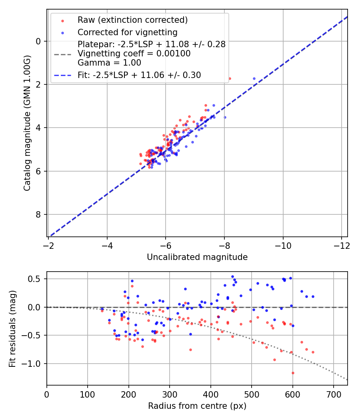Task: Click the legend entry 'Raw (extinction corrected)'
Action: click(132, 20)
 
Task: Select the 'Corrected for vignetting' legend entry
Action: click(127, 32)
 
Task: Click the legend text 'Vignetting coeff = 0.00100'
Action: click(134, 54)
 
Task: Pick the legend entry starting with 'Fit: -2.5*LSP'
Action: click(139, 75)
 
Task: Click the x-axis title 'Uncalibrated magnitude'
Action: click(197, 257)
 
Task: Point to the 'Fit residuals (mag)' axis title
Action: click(12, 328)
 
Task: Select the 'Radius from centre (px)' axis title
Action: click(197, 406)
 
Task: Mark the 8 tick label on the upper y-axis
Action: click(39, 215)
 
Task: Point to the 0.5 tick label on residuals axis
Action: click(37, 279)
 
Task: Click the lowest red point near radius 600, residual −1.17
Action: click(293, 373)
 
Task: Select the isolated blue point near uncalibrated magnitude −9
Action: click(254, 79)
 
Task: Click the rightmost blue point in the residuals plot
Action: click(313, 297)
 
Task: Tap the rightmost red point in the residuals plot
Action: click(313, 352)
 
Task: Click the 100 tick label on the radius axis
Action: click(88, 394)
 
